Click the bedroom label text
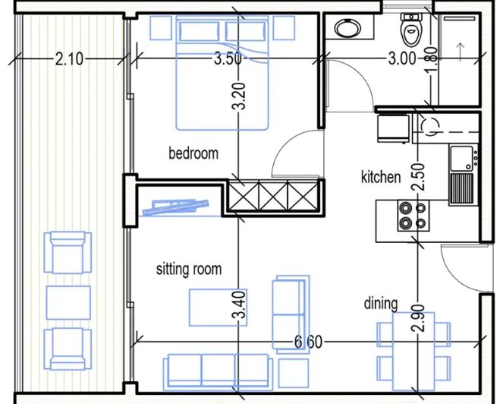[193, 153]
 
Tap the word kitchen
[380, 177]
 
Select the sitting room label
[189, 269]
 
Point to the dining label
[380, 304]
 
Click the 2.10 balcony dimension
[69, 58]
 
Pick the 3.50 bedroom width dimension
[227, 58]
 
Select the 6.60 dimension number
[309, 342]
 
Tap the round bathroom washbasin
[348, 29]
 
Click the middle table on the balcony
[68, 301]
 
